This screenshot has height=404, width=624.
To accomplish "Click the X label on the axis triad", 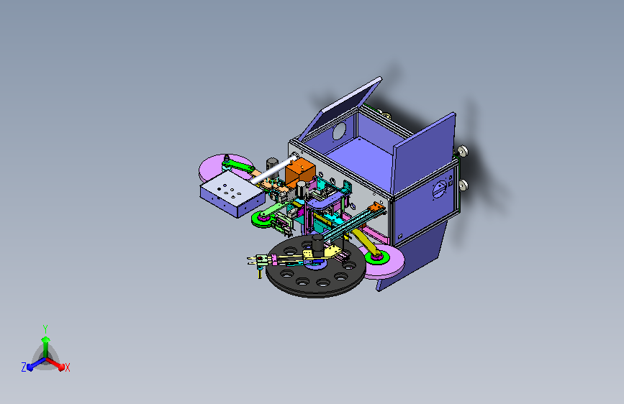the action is (67, 367).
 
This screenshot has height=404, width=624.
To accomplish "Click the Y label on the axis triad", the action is (45, 329).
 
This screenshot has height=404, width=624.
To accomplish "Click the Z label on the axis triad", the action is (24, 367).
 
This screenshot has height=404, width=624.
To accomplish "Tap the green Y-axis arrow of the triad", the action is (46, 347).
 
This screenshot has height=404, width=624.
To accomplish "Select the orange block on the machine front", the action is (300, 172).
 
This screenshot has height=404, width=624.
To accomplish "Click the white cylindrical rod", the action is (273, 170).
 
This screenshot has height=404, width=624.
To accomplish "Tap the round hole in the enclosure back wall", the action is (339, 132).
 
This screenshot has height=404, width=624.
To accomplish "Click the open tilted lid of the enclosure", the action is (340, 108).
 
